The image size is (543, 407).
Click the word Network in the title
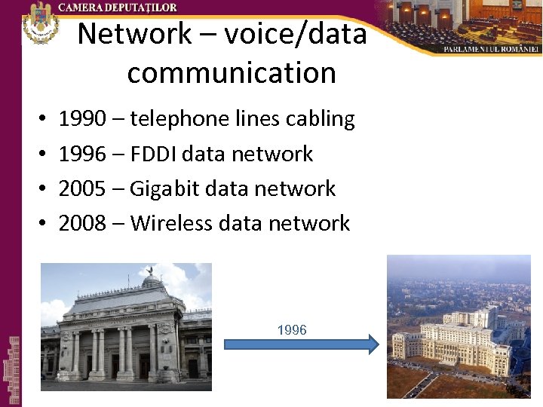click(x=135, y=34)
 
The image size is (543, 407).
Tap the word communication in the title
click(x=232, y=73)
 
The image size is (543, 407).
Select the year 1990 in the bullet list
click(x=81, y=119)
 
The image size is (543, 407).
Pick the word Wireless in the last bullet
click(x=171, y=223)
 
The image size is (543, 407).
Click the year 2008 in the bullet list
click(x=81, y=223)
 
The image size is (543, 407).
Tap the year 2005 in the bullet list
click(x=81, y=188)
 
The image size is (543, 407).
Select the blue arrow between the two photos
click(x=302, y=345)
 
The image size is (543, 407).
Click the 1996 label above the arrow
click(x=292, y=330)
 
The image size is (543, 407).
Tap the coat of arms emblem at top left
click(x=41, y=23)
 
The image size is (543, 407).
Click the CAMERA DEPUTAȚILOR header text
click(x=118, y=8)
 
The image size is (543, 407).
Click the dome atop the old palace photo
click(x=152, y=280)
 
